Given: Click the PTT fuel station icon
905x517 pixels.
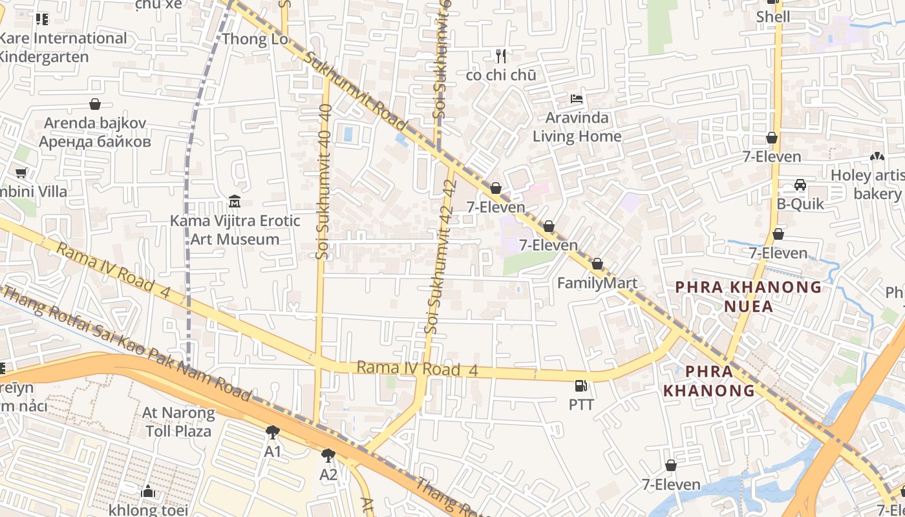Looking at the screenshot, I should click(581, 386).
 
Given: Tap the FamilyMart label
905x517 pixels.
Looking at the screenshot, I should click(597, 283).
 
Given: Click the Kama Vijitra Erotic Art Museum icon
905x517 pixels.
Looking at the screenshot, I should click(234, 202).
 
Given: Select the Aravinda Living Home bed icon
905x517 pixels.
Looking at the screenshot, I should click(577, 99).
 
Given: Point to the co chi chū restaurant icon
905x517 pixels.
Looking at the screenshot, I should click(500, 56).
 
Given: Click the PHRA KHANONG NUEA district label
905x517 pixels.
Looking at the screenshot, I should click(749, 296).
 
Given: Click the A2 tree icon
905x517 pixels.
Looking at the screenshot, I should click(328, 456).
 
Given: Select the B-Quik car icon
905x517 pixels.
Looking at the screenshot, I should click(800, 185).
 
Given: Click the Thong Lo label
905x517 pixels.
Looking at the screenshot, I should click(254, 39).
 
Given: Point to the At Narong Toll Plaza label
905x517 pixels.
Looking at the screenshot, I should click(178, 421).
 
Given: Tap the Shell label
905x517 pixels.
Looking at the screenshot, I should click(773, 17).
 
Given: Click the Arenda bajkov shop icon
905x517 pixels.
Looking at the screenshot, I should click(95, 104).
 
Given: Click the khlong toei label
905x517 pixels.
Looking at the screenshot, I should click(148, 509).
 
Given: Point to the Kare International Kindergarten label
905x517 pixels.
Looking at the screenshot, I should click(62, 47).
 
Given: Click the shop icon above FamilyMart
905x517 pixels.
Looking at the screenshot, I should click(597, 264).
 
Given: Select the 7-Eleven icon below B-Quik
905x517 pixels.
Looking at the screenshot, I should click(778, 234).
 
